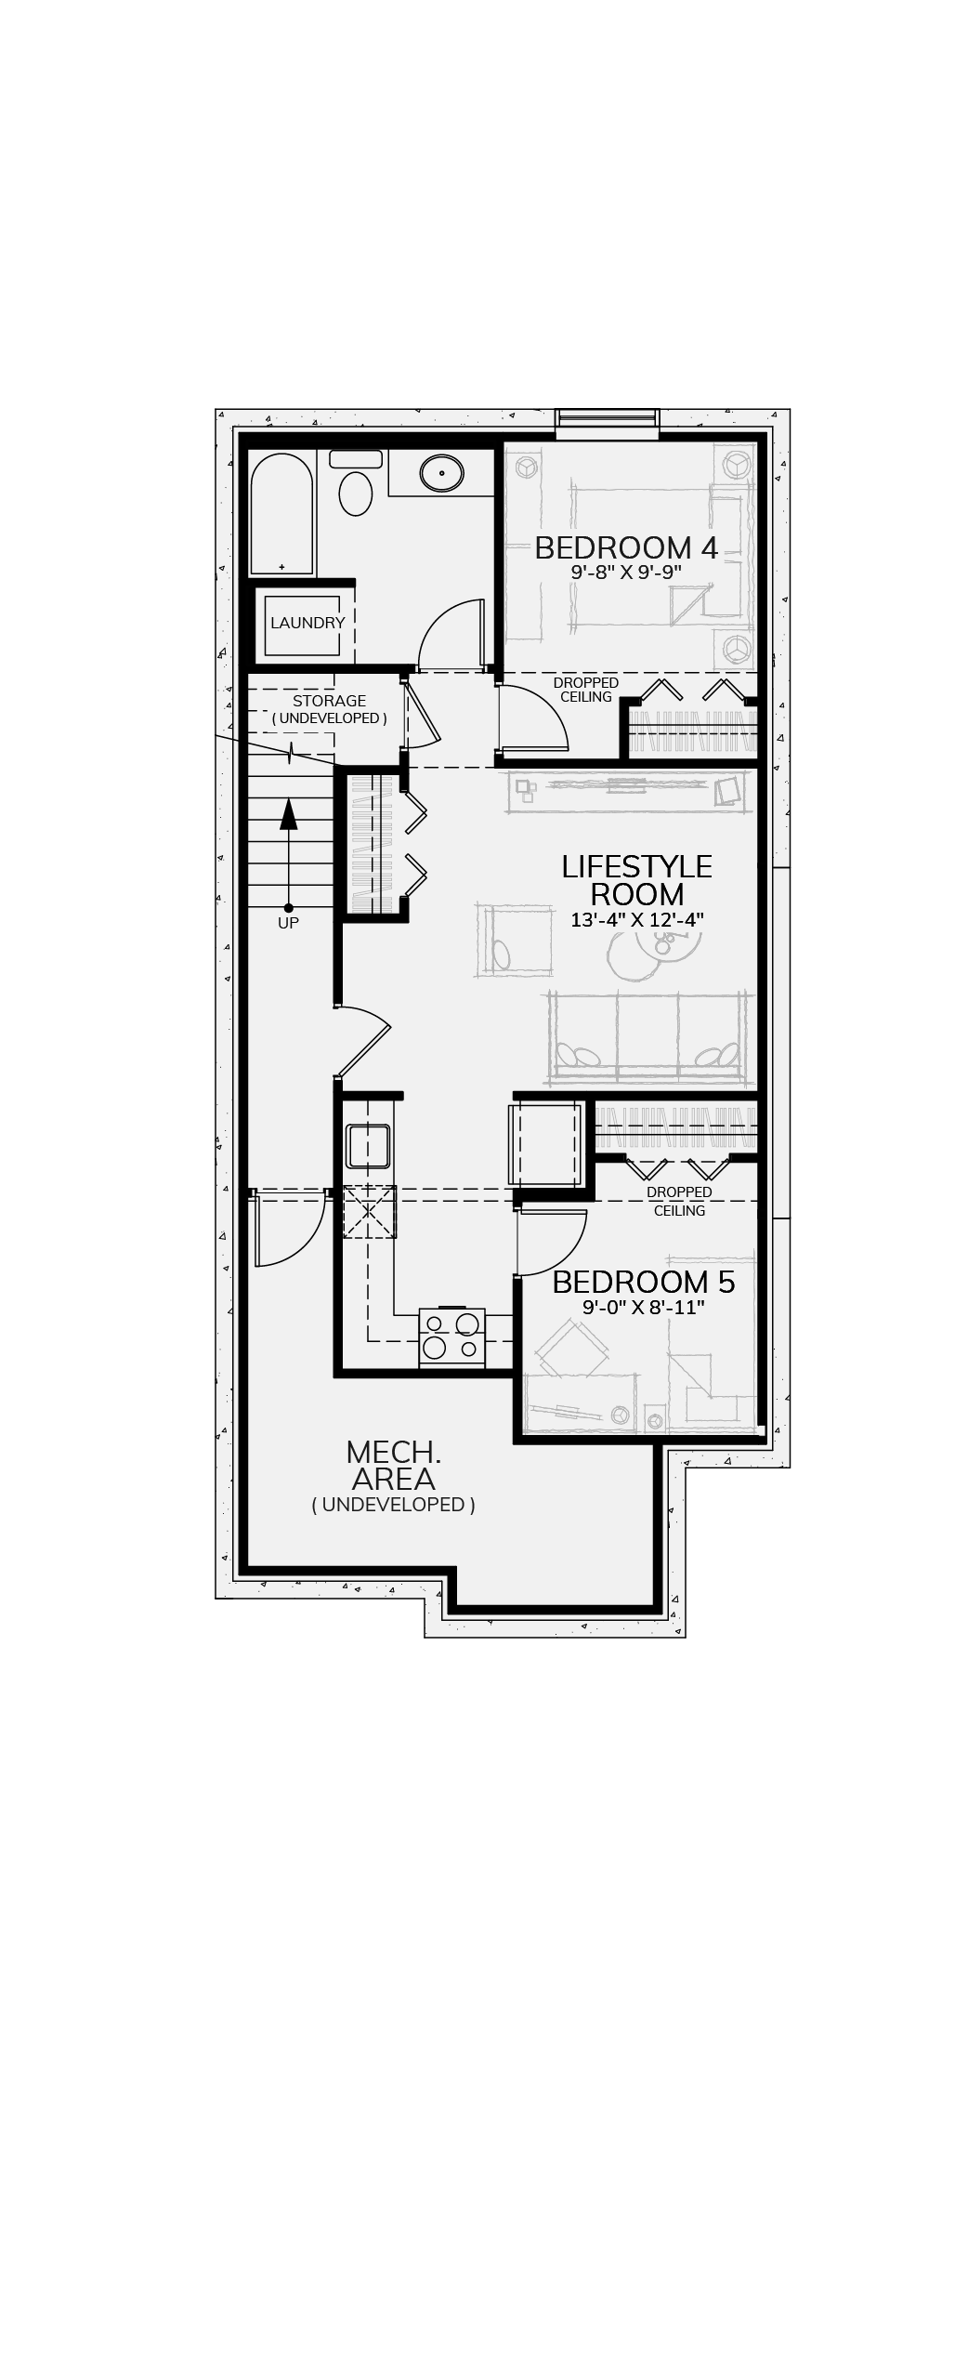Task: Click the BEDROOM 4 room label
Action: pos(626,547)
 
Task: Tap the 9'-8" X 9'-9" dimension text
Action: pos(626,573)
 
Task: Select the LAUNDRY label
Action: pos(307,623)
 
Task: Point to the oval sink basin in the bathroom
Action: pos(441,474)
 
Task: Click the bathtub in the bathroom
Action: pos(282,514)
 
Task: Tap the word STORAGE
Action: pos(329,701)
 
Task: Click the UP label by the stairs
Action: pos(288,923)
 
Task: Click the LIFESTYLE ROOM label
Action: pos(637,880)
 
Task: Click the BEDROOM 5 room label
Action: pos(644,1282)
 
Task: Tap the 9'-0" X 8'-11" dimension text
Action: pos(644,1308)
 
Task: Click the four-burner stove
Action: pos(452,1336)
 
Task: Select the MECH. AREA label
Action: pos(393,1464)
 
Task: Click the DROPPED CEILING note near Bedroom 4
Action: pos(586,690)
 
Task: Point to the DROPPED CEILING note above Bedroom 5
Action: pos(679,1201)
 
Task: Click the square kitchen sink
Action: pos(367,1145)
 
